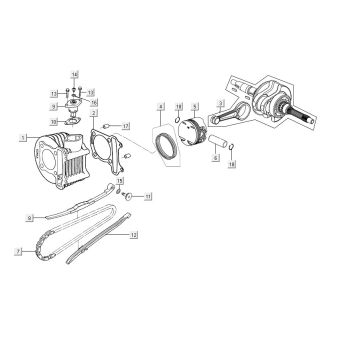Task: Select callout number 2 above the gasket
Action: click(94, 115)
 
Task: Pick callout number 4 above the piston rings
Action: click(158, 106)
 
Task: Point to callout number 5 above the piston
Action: click(196, 106)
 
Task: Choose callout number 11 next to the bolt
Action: click(149, 199)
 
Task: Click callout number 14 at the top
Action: click(74, 75)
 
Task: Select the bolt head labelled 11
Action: click(127, 193)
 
